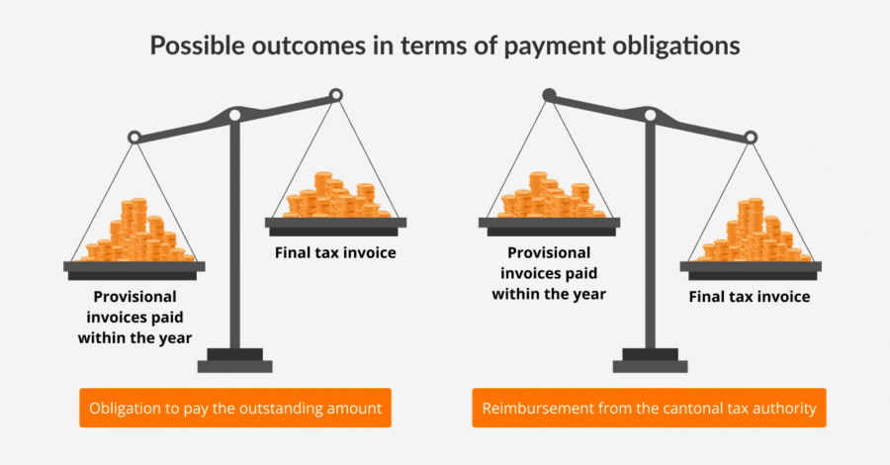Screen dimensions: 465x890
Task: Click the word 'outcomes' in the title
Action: pos(274,46)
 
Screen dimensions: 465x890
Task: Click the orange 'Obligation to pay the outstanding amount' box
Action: pos(235,408)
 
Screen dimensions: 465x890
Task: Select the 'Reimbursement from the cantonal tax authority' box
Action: pos(649,408)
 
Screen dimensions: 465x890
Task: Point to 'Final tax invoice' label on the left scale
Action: pos(335,253)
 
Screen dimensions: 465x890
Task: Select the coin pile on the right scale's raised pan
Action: pos(549,196)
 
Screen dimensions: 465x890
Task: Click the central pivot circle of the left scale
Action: pos(234,116)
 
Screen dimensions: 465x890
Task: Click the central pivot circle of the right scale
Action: pos(649,116)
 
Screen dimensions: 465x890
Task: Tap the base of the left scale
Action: pos(234,361)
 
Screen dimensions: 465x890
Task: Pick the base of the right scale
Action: pos(649,361)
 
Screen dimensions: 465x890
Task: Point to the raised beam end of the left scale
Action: pos(335,95)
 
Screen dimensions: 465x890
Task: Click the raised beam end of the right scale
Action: pos(549,95)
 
